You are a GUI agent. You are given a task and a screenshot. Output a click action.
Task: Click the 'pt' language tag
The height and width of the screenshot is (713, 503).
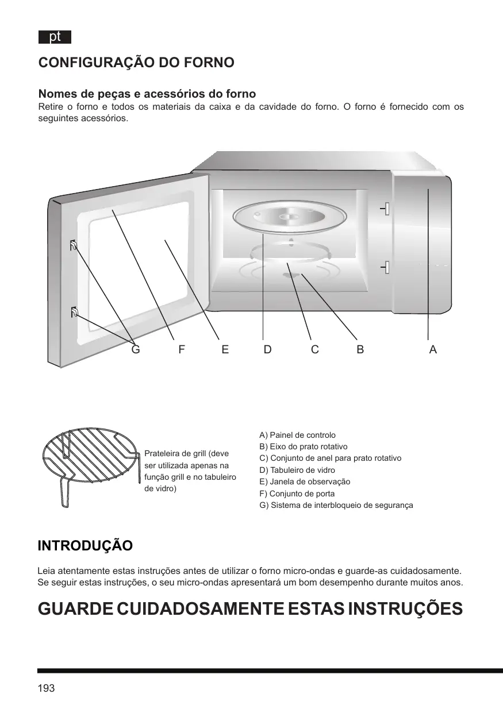(x=55, y=37)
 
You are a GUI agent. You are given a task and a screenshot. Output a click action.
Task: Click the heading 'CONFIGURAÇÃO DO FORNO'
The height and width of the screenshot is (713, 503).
(x=136, y=63)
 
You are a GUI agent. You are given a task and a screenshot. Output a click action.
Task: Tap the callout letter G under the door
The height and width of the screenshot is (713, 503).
(x=136, y=349)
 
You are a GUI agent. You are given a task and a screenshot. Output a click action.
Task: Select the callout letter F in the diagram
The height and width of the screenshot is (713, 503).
(x=181, y=349)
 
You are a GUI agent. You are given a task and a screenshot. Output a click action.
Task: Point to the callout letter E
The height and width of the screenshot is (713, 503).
(x=225, y=349)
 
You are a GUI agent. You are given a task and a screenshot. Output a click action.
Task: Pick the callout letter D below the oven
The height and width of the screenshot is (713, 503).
(x=267, y=349)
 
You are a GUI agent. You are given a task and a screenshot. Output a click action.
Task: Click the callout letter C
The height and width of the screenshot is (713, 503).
(x=315, y=349)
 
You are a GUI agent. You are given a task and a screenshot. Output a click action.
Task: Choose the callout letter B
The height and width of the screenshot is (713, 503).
(x=360, y=349)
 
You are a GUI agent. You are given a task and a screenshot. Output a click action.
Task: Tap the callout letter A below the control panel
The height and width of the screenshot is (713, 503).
(x=433, y=349)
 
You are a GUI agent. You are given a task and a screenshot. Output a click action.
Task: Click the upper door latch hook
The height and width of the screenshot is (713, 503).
(x=74, y=246)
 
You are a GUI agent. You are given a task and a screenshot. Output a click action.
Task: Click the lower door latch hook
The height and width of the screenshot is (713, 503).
(x=74, y=313)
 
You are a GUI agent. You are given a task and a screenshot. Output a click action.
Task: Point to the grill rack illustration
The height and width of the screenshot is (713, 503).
(x=91, y=464)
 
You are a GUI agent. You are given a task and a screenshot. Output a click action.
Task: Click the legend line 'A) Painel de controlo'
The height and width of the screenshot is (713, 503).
(x=298, y=435)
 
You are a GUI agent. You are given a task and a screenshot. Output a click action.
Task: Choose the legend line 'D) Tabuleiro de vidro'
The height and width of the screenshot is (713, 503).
(x=297, y=470)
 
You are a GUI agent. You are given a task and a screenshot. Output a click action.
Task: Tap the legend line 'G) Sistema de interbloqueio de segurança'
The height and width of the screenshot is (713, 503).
(x=336, y=505)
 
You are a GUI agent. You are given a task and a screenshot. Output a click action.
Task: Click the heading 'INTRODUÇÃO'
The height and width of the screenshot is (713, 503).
(x=85, y=546)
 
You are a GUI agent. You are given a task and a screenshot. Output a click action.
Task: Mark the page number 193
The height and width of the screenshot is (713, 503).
(x=46, y=688)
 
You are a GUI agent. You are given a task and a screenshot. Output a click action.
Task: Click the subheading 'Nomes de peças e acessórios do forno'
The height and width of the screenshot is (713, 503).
(x=147, y=94)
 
